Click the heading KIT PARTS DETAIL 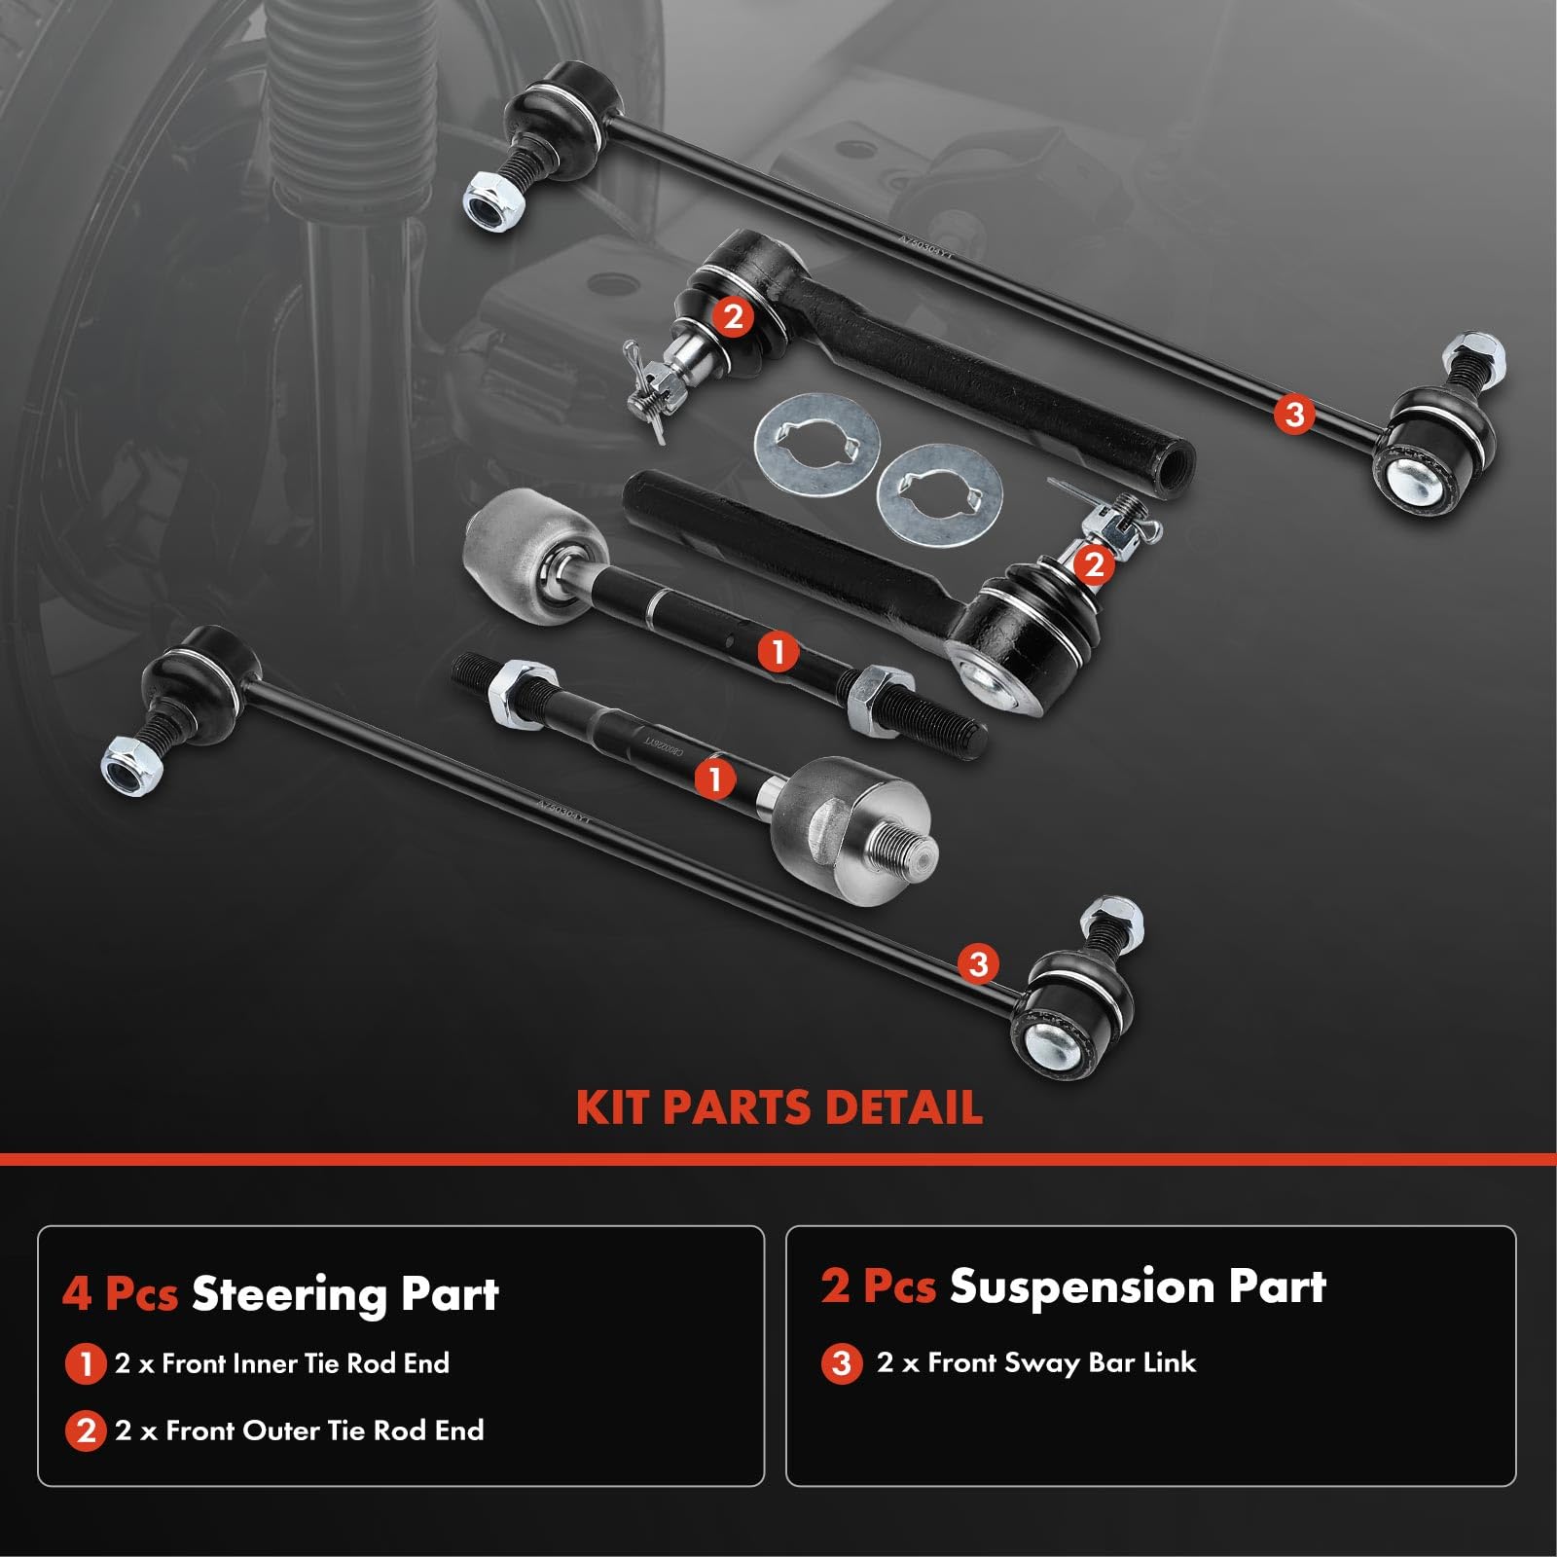click(778, 1107)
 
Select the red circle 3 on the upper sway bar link click(1293, 415)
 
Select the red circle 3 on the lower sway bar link click(978, 963)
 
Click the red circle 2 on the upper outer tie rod click(733, 316)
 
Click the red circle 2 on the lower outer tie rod click(1094, 564)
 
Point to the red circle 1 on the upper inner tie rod click(777, 651)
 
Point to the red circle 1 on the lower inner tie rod click(715, 778)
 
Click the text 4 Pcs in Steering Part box click(120, 1294)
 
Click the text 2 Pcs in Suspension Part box click(878, 1286)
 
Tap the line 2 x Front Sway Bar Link click(1035, 1362)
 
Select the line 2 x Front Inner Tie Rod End click(282, 1363)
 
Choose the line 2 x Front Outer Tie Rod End click(299, 1430)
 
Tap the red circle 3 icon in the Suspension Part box click(842, 1363)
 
